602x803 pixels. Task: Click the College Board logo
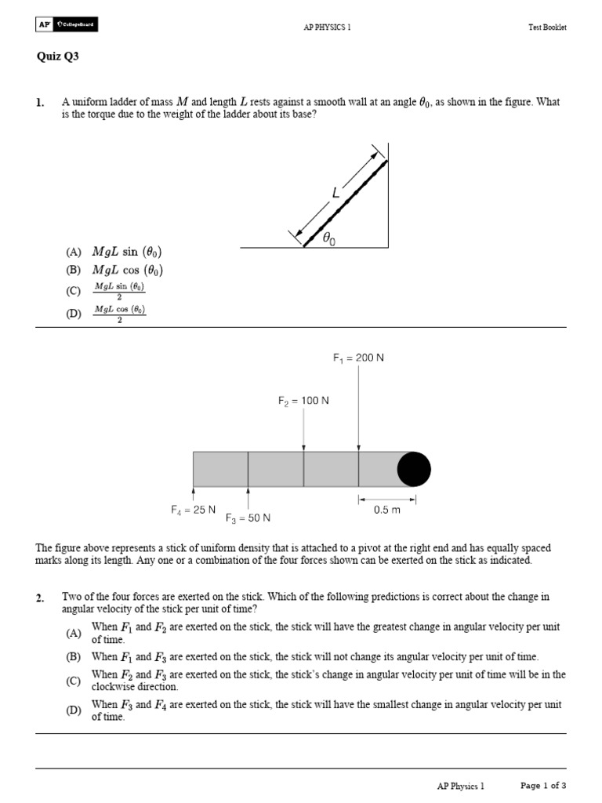click(x=67, y=25)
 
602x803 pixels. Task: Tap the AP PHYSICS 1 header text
click(x=327, y=27)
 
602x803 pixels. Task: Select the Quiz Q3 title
click(x=58, y=56)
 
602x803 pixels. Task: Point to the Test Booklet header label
click(x=546, y=27)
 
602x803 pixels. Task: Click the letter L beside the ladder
click(x=335, y=192)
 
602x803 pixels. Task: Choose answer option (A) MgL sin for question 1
click(x=114, y=252)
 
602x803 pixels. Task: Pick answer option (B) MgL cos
click(x=114, y=271)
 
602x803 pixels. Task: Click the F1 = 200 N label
click(x=358, y=358)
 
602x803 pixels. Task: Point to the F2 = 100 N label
click(x=303, y=401)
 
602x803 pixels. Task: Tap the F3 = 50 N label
click(x=248, y=518)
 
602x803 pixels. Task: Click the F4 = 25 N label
click(x=193, y=510)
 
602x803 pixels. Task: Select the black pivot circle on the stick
click(x=414, y=469)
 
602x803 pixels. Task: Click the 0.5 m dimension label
click(x=387, y=510)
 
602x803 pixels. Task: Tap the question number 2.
click(x=40, y=598)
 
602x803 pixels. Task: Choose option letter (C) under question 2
click(x=74, y=681)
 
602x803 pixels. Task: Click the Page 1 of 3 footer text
click(x=543, y=785)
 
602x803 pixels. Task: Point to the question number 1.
click(x=40, y=103)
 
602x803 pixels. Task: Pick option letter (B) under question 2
click(x=74, y=656)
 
